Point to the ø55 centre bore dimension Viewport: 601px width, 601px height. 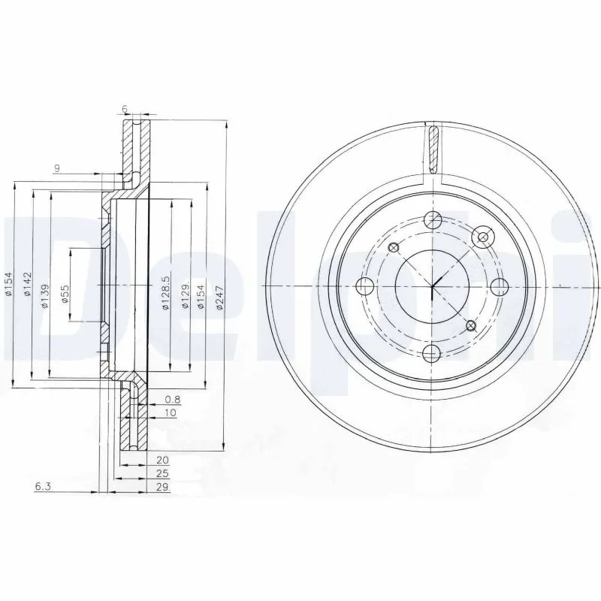pyautogui.click(x=65, y=294)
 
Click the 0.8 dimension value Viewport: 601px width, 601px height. pyautogui.click(x=171, y=400)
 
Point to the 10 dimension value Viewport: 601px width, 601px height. pyautogui.click(x=171, y=413)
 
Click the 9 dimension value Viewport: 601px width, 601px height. pyautogui.click(x=56, y=168)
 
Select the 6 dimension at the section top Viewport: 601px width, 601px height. pyautogui.click(x=124, y=109)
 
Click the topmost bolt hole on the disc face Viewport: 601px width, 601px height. pyautogui.click(x=432, y=220)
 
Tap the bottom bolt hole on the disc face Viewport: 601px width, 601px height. pyautogui.click(x=432, y=353)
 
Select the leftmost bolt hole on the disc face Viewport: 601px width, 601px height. pyautogui.click(x=365, y=286)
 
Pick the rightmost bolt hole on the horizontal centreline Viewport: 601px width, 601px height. pyautogui.click(x=499, y=286)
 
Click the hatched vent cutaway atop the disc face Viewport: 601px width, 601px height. pyautogui.click(x=432, y=148)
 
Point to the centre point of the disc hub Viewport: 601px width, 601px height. pyautogui.click(x=432, y=286)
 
